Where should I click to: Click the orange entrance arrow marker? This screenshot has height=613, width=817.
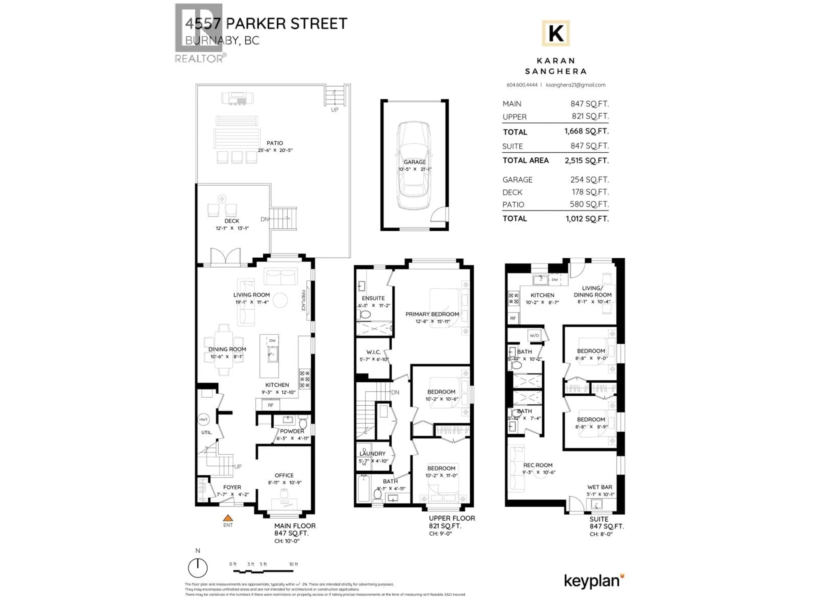point(228,518)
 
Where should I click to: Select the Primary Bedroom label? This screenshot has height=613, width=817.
point(432,314)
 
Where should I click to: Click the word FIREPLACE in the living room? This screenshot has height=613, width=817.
point(303,300)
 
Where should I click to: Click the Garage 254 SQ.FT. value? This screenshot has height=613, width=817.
point(589,180)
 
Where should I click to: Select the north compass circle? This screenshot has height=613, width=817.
point(198,568)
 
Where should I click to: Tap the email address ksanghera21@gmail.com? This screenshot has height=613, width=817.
point(576,85)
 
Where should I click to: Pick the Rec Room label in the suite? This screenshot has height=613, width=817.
point(538,465)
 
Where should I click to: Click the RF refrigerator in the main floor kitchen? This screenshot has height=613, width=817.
point(271,405)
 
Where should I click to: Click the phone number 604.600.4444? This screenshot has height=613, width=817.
point(522,85)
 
